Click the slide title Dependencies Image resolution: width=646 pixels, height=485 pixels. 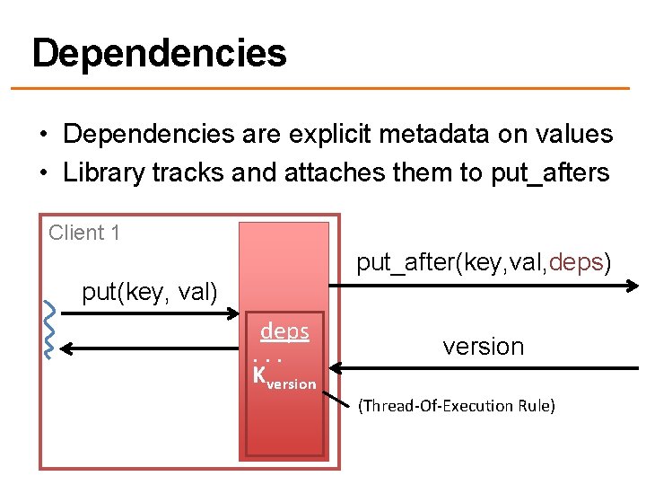pos(159,54)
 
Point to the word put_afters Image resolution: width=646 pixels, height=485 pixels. pos(550,172)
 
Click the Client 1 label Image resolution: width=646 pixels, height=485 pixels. pos(84,234)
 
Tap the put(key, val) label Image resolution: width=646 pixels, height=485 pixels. pos(150,292)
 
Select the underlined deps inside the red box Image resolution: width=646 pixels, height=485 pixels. pos(284,331)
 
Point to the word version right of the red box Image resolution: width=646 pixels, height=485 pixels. pos(483,347)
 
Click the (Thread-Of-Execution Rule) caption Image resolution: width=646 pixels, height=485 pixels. pos(456,406)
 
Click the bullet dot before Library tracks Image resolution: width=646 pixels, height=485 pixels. pos(43,173)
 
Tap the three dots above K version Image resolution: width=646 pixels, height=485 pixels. pos(268,359)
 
